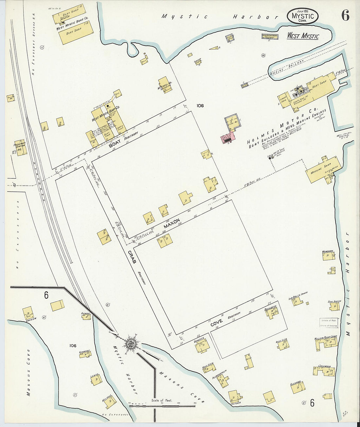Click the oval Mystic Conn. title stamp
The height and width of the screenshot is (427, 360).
pos(303,16)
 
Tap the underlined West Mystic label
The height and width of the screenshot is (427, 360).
pos(303,36)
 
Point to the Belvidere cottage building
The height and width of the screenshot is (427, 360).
pos(272,313)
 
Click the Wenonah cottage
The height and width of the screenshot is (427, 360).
pos(328,256)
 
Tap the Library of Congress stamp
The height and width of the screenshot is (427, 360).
pos(328,323)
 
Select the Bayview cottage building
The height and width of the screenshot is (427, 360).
pos(28,313)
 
